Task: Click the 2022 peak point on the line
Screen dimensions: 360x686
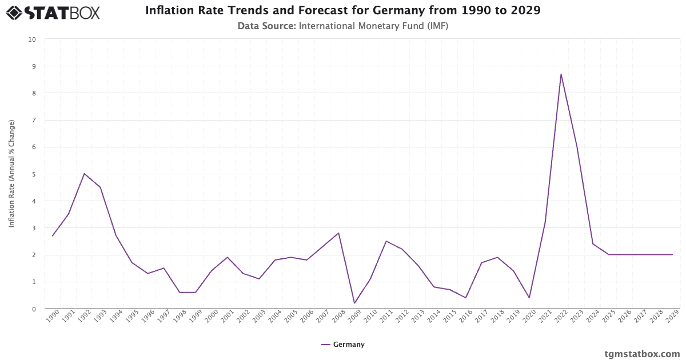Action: (561, 74)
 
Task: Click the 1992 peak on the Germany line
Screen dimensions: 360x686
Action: (84, 174)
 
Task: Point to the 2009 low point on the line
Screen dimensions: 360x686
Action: (354, 303)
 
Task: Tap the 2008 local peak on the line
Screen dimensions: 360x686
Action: (338, 233)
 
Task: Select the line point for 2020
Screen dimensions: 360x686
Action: (529, 298)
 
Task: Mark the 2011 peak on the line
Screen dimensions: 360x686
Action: (386, 241)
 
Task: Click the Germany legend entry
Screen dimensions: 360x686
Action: (343, 345)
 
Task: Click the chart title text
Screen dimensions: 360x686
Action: (343, 10)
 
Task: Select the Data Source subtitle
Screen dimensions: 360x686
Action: (343, 26)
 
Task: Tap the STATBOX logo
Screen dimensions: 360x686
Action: (53, 13)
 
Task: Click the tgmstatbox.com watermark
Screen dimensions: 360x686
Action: (642, 354)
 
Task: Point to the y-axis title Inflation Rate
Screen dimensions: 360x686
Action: (11, 174)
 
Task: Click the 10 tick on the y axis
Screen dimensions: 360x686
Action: (32, 39)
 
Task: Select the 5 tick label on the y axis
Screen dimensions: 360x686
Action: (34, 174)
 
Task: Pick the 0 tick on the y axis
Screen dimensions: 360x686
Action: (34, 309)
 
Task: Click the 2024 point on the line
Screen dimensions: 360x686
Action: (593, 244)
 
